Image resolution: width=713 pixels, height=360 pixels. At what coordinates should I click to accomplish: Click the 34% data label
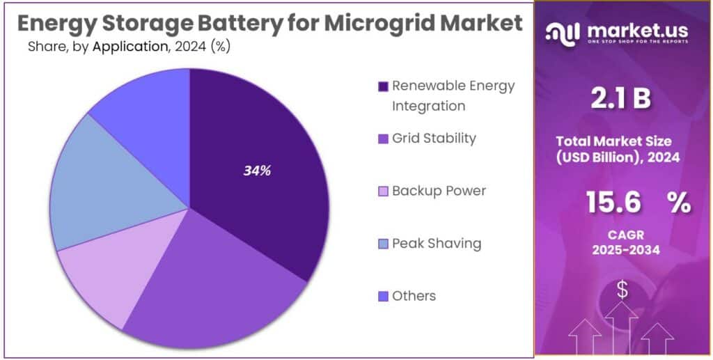pyautogui.click(x=257, y=171)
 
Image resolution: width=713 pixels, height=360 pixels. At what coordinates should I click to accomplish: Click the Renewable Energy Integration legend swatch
pyautogui.click(x=383, y=87)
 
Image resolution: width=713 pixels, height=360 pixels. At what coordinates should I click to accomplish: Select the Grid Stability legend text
pyautogui.click(x=434, y=138)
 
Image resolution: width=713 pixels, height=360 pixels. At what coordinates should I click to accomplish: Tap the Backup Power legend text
pyautogui.click(x=439, y=191)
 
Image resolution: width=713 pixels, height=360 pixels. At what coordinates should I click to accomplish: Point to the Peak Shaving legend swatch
pyautogui.click(x=383, y=244)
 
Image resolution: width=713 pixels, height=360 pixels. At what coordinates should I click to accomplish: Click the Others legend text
pyautogui.click(x=414, y=296)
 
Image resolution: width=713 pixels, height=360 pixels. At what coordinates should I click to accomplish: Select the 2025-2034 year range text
pyautogui.click(x=622, y=250)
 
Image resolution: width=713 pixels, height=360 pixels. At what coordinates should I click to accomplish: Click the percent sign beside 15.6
pyautogui.click(x=678, y=203)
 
